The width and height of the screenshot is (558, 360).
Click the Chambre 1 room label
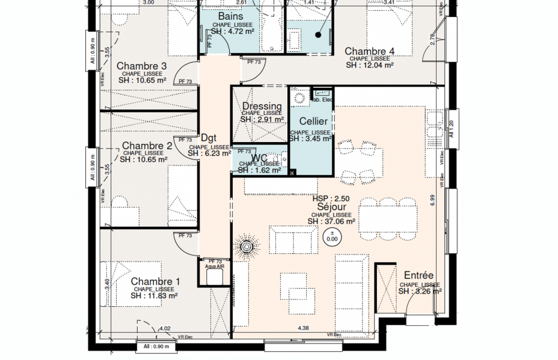point(155,281)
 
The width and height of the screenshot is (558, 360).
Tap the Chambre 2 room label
point(147,146)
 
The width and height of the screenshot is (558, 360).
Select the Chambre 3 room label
point(142,66)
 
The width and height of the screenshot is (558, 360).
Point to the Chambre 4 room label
point(369,51)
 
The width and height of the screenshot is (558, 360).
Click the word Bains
point(231,16)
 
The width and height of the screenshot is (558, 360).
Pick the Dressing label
point(262,106)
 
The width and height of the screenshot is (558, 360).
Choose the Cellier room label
point(313,121)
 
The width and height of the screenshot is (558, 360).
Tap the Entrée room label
point(418,275)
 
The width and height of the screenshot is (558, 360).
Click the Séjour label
point(331,207)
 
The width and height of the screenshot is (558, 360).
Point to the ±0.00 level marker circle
point(331,237)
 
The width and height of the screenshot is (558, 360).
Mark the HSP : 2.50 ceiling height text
point(331,198)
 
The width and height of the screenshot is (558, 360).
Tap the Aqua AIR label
point(215,267)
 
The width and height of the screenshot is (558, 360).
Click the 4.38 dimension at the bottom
point(303,328)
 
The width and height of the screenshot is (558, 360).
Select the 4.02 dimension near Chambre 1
point(165,328)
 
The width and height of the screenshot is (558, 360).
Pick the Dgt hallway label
point(208,137)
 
